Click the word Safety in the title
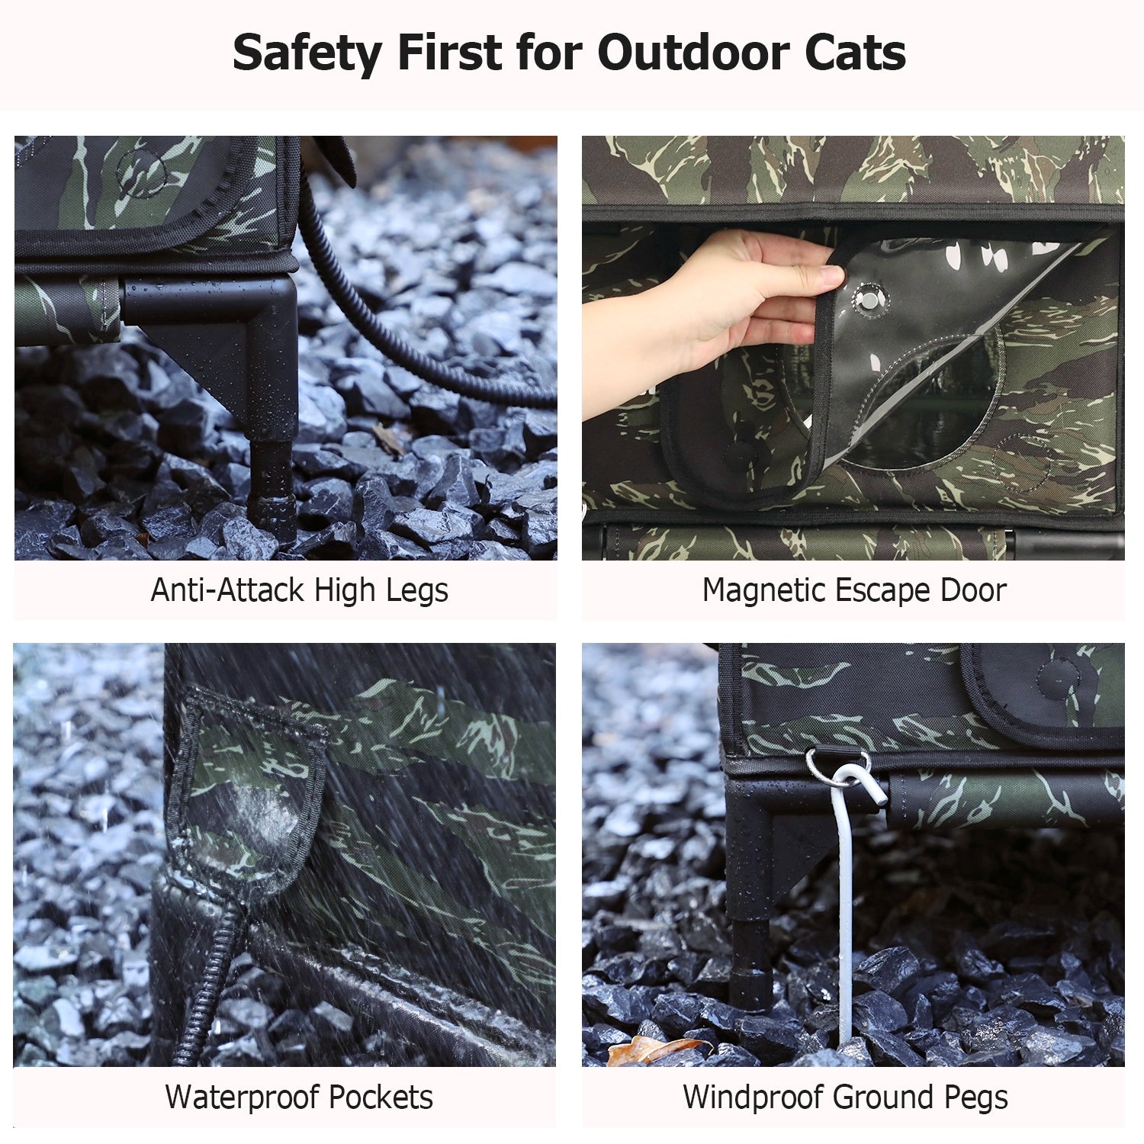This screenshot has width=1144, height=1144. (x=307, y=53)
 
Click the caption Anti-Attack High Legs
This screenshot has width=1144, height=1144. (x=299, y=590)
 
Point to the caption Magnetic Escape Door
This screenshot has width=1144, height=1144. (x=854, y=590)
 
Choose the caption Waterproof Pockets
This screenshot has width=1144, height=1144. (x=299, y=1097)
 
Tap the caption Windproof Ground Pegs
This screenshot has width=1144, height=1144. (x=845, y=1097)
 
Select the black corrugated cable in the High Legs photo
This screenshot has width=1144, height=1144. (x=397, y=320)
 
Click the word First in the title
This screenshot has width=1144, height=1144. (x=449, y=53)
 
